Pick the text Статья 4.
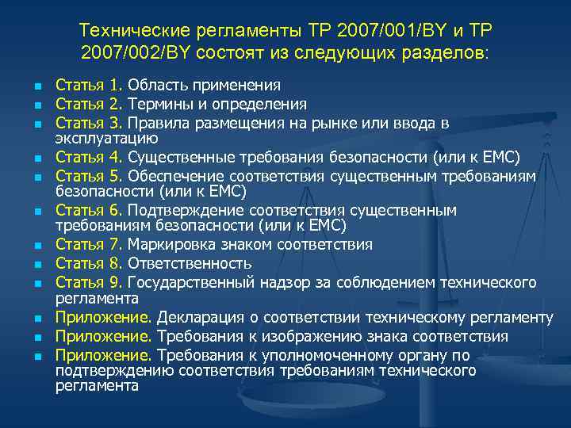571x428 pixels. click(x=88, y=155)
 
